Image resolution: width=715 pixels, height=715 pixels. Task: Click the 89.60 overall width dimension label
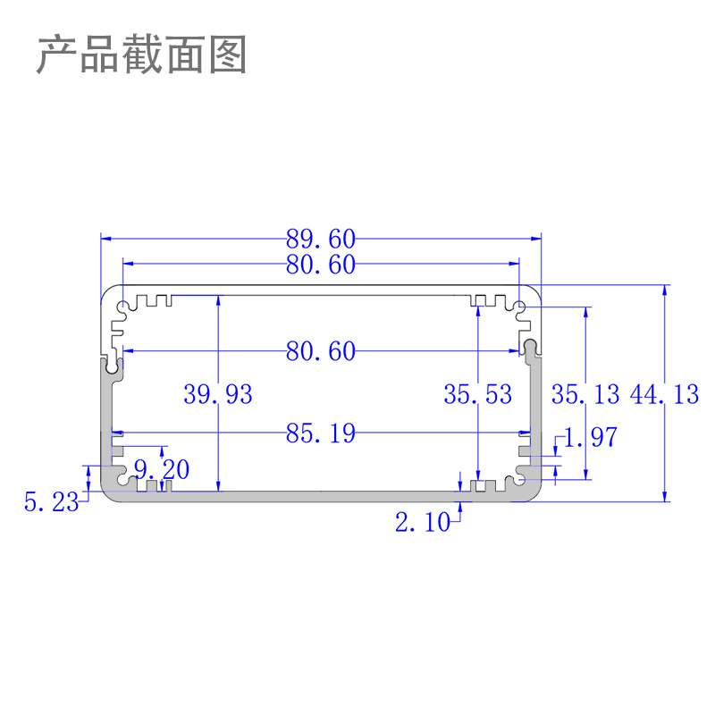tap(321, 239)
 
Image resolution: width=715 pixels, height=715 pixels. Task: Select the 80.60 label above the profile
tap(321, 264)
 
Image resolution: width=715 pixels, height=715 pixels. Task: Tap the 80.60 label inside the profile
tap(321, 351)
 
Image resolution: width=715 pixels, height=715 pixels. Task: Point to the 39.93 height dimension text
tap(218, 393)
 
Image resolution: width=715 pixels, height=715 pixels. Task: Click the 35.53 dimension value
tap(478, 393)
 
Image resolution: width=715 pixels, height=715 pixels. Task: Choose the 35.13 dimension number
tap(585, 393)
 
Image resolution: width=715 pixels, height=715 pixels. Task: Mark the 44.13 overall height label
tap(664, 393)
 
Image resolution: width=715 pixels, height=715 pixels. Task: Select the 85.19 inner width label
tap(321, 434)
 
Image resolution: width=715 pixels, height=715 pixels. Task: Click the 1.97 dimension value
tap(590, 437)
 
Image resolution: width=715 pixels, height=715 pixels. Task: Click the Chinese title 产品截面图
tap(141, 55)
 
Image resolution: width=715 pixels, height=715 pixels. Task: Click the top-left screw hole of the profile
tap(122, 309)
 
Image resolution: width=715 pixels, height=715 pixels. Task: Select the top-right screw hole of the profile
tap(520, 309)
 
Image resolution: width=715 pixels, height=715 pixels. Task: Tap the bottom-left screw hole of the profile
tap(122, 480)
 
